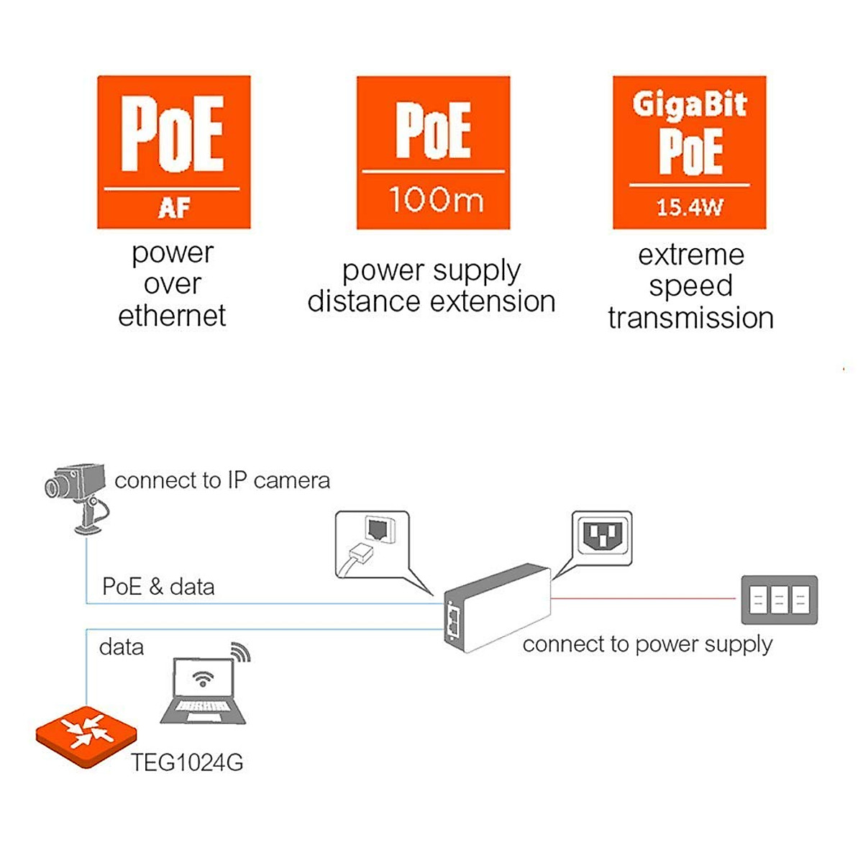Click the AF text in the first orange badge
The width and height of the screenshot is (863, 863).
[173, 208]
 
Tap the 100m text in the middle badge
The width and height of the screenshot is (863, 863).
[435, 199]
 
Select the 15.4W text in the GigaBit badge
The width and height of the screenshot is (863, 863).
[689, 207]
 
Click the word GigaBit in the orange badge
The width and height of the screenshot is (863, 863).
[689, 105]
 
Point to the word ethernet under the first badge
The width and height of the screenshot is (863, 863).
[172, 316]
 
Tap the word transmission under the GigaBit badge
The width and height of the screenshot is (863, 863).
[690, 318]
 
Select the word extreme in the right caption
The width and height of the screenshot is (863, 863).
[691, 255]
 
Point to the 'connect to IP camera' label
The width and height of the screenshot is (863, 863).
[222, 480]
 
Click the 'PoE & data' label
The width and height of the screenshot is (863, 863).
[158, 587]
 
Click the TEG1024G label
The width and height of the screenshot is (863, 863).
[187, 762]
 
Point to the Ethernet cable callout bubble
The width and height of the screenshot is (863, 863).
[373, 544]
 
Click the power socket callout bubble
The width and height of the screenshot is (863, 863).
[601, 538]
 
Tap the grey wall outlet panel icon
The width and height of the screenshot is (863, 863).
[779, 599]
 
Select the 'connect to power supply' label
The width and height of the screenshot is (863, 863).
[647, 644]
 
